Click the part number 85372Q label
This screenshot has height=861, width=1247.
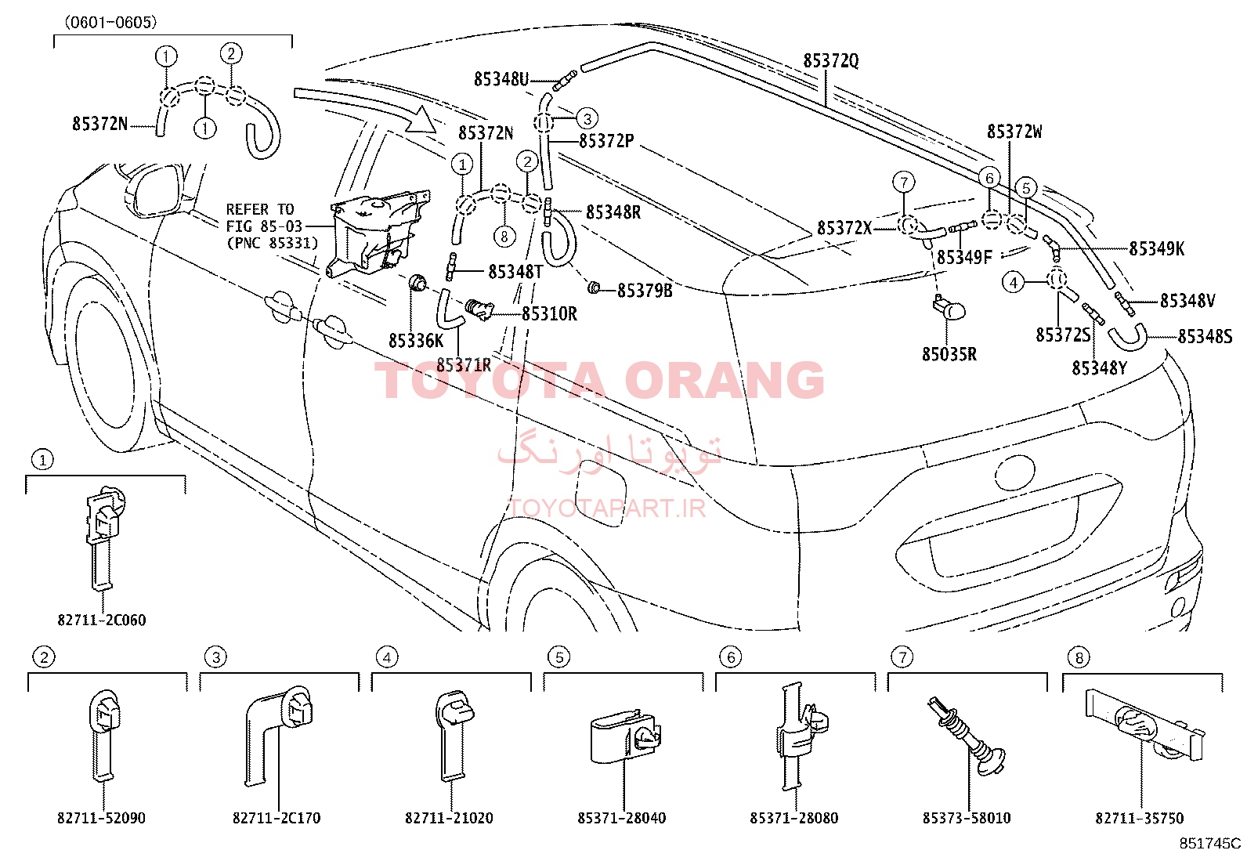coord(830,60)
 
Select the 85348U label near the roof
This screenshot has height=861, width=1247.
coord(501,80)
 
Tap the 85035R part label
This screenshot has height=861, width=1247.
coord(949,354)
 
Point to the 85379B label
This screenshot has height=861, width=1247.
coord(645,290)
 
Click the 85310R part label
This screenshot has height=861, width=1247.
coord(549,314)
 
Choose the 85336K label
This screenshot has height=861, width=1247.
coord(416,341)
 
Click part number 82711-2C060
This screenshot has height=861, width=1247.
coord(101,620)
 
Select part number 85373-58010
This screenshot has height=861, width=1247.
coord(967,818)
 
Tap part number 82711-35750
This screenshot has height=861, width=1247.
coord(1140,818)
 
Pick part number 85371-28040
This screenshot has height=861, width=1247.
coord(622,818)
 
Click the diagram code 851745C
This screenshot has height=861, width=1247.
coord(1209,843)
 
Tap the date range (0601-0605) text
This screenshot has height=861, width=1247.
coord(110,22)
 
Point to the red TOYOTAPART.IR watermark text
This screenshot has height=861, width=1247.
coord(607,508)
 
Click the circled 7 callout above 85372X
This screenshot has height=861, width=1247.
coord(903,182)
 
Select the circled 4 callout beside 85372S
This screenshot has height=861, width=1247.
coord(1014,283)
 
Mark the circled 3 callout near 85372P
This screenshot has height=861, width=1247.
coord(587,118)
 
